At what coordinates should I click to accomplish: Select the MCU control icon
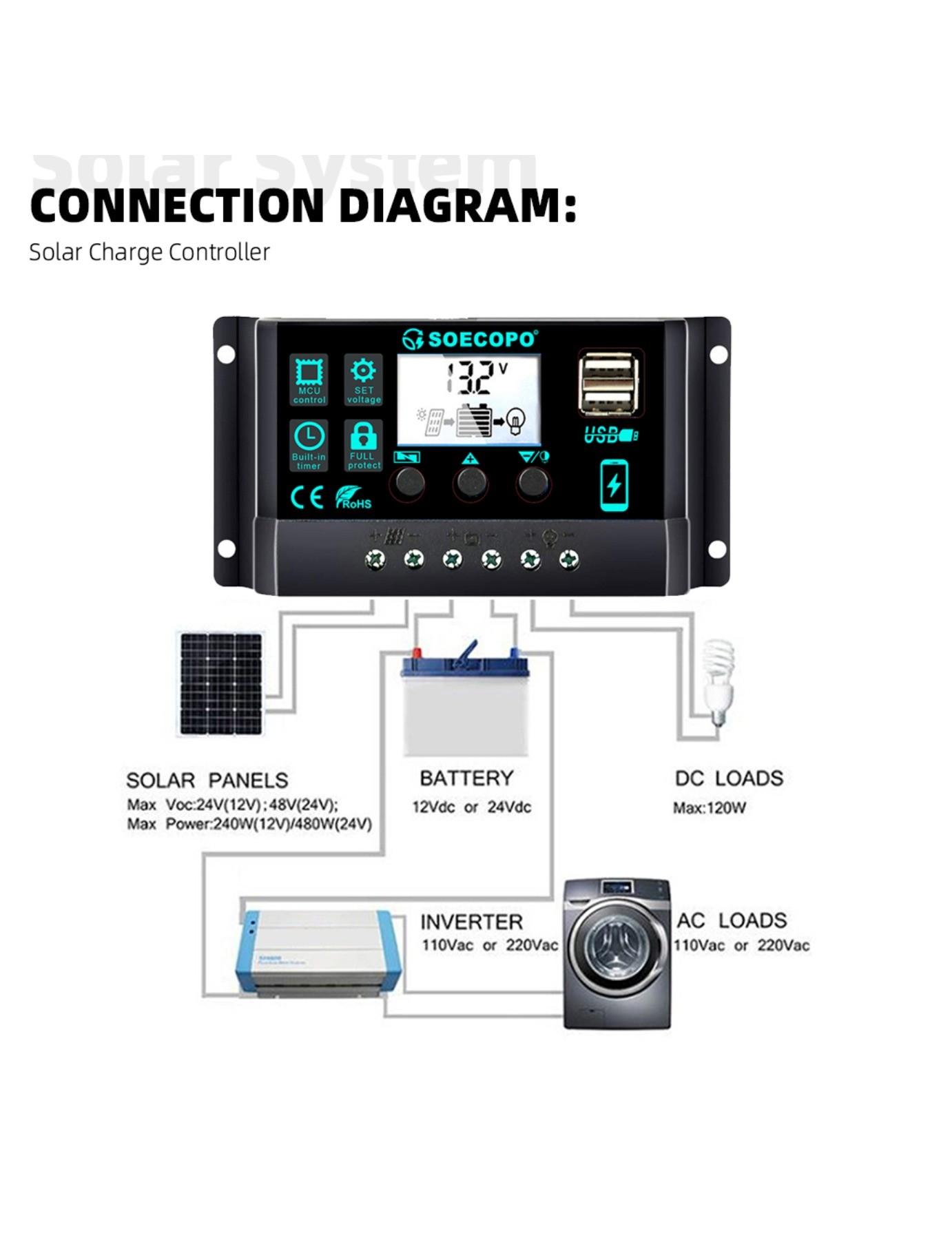point(309,379)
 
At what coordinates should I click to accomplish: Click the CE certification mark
point(307,497)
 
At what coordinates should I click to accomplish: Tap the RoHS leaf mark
point(353,497)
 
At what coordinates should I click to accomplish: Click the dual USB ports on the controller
point(609,384)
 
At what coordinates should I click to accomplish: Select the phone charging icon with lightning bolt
point(614,485)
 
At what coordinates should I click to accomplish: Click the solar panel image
point(221,684)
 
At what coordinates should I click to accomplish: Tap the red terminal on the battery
point(416,652)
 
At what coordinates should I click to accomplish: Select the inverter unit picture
point(318,951)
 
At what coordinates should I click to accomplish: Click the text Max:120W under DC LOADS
point(709,808)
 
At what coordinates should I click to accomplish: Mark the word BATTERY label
point(466,778)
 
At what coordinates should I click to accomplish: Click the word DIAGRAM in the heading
point(457,205)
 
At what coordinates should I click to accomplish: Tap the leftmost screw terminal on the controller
point(375,559)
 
